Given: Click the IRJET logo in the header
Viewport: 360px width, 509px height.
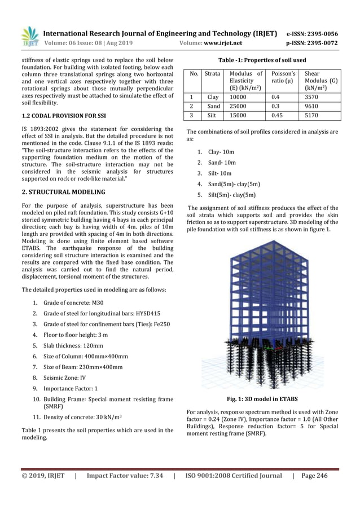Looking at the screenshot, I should coord(29,37).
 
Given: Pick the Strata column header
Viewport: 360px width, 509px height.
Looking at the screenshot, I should coord(212,73).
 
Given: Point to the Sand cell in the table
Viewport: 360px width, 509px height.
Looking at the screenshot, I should coord(212,107).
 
